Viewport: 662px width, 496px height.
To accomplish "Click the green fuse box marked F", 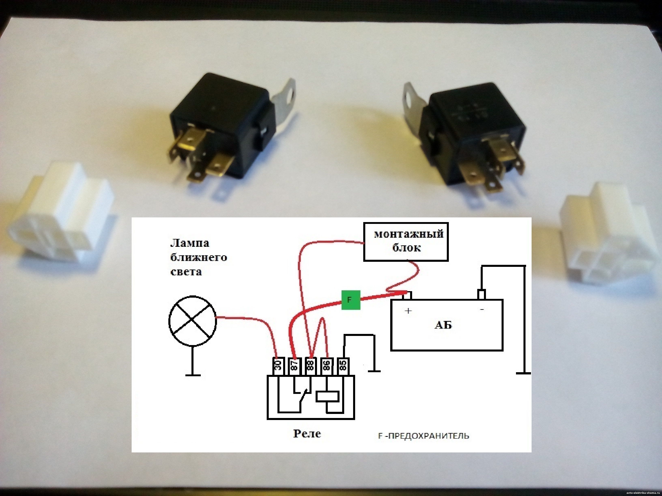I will [350, 300].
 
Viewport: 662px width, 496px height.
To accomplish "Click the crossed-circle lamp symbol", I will [192, 321].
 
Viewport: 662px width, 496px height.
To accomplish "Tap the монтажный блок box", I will [406, 241].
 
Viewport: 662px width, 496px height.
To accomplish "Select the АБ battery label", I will [443, 325].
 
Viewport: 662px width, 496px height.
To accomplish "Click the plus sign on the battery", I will [408, 311].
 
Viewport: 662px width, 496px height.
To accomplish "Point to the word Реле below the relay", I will [307, 434].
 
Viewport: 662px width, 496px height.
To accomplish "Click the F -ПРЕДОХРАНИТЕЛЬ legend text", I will [423, 436].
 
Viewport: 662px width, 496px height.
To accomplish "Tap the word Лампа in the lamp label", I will [190, 243].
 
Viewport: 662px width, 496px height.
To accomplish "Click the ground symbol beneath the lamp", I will [193, 374].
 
